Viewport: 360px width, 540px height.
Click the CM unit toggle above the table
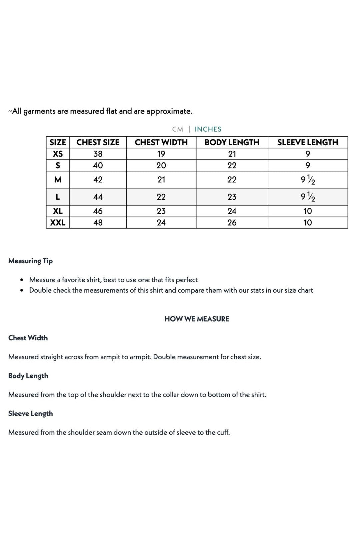coord(178,129)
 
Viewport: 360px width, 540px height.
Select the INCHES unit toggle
coord(208,129)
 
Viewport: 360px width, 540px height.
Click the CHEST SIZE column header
coord(98,142)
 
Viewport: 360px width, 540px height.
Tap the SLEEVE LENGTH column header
coord(308,142)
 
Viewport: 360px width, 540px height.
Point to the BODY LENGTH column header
coord(232,142)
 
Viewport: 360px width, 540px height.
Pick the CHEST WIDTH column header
coord(161,142)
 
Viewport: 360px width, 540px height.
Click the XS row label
coord(58,154)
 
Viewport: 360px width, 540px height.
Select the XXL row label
coord(58,223)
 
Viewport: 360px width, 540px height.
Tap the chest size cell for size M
coord(98,180)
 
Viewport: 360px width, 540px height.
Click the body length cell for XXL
coord(232,223)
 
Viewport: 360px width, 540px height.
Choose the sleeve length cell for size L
coord(308,197)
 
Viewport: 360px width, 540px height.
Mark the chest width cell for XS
coord(161,154)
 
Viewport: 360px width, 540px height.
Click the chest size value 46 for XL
coord(98,211)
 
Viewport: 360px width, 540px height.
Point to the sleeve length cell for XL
coord(308,211)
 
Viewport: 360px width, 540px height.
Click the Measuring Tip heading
coord(30,261)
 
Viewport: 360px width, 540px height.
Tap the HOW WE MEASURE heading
coord(197,319)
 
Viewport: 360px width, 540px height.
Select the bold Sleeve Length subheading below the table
coord(30,413)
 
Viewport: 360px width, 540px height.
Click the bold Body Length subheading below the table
coord(28,376)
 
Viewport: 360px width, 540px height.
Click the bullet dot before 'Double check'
coord(22,290)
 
